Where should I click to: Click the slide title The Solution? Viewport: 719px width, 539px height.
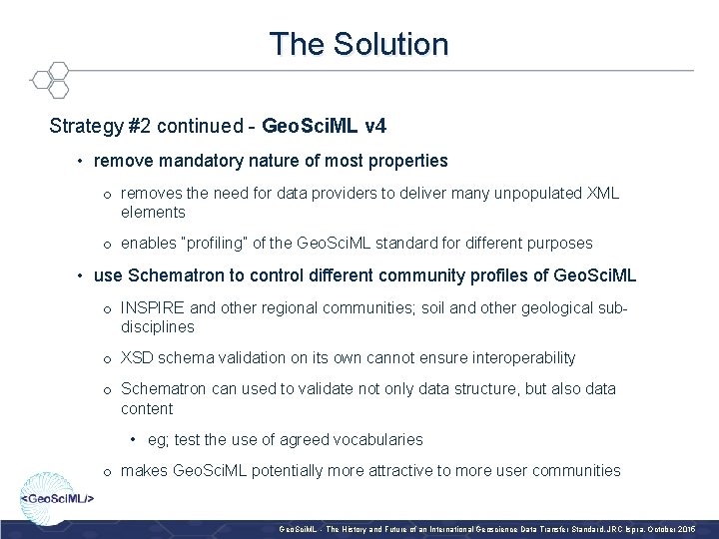click(359, 44)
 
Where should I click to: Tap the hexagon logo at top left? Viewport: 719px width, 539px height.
click(49, 79)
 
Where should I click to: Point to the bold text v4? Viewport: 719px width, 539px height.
click(376, 127)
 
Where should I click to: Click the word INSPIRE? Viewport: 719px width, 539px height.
click(153, 306)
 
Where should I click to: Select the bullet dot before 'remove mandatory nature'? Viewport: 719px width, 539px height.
click(79, 160)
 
